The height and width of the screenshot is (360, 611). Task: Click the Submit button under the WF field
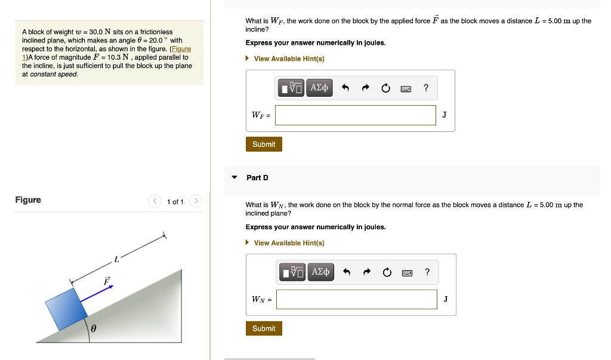click(264, 144)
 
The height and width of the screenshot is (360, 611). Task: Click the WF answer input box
click(356, 115)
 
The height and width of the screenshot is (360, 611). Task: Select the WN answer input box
click(357, 299)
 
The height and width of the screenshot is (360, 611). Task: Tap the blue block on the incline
click(66, 309)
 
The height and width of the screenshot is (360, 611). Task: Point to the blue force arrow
click(97, 294)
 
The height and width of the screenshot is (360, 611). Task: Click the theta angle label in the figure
click(93, 329)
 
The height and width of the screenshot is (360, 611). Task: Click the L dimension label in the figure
click(116, 259)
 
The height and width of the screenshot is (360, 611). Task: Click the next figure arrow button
click(196, 201)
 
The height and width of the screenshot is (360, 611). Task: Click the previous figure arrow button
click(155, 201)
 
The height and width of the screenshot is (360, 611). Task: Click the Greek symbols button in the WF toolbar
click(319, 88)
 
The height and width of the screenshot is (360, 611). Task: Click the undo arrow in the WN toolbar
click(347, 272)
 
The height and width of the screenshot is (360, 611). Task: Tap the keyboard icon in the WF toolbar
click(406, 89)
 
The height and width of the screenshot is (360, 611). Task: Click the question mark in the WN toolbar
click(427, 272)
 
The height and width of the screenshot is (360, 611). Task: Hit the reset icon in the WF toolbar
click(386, 88)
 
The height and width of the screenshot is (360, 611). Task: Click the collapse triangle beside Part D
click(234, 177)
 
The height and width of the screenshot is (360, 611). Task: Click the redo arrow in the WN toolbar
click(367, 272)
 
